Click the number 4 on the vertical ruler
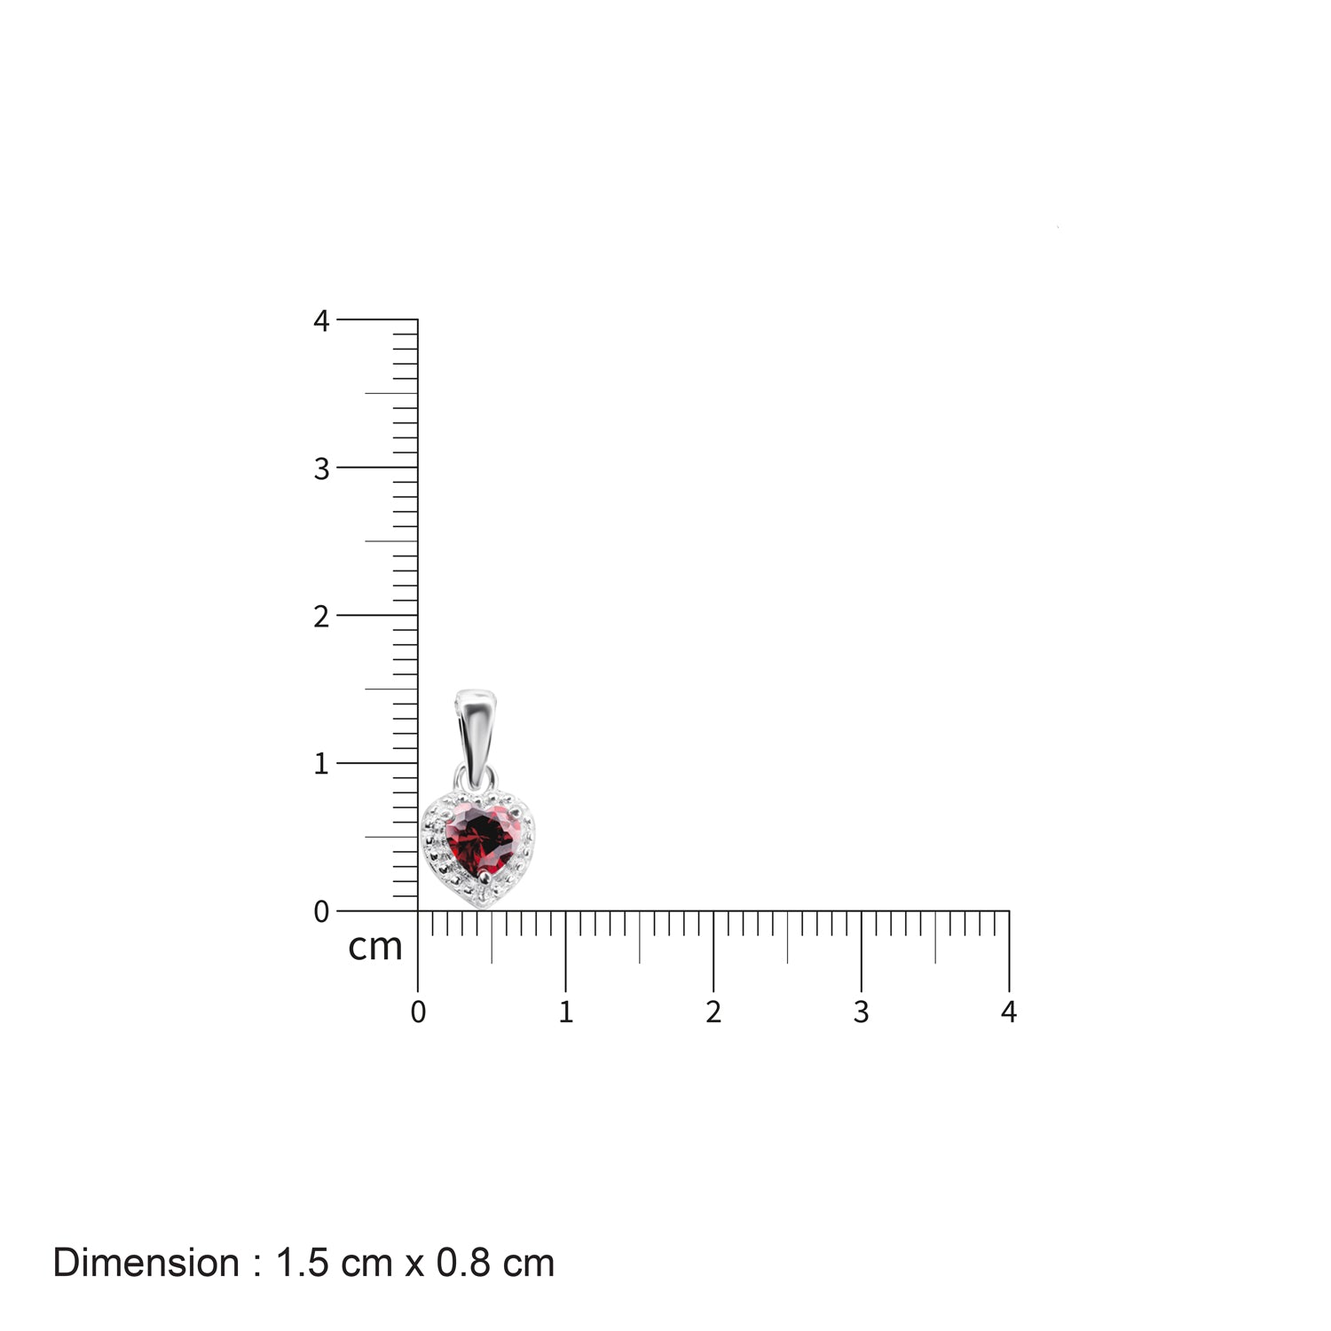coord(321,320)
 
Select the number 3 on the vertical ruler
coord(321,469)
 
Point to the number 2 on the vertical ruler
coord(321,616)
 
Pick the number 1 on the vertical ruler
coord(321,763)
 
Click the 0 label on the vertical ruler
coord(321,911)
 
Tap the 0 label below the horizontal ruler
coord(418,1012)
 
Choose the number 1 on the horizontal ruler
coord(566,1012)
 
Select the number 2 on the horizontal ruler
coord(713,1012)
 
